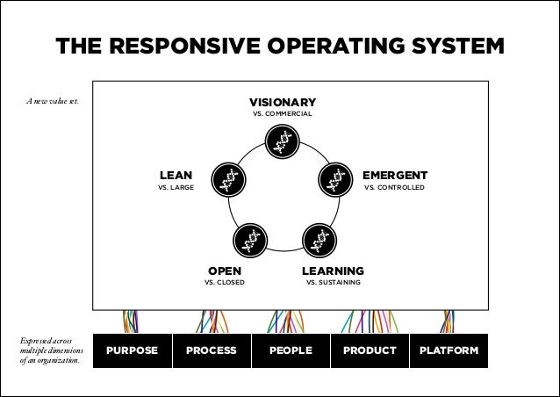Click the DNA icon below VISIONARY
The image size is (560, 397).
coord(282,141)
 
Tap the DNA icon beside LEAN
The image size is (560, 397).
coord(228,179)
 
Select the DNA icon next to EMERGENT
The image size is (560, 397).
coord(334,179)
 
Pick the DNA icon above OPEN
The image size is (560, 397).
coord(249,241)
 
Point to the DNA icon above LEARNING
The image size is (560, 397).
coord(318,241)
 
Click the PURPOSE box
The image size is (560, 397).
coord(132,350)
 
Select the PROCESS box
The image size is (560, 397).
coord(211,350)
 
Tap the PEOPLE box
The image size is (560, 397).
coord(291,350)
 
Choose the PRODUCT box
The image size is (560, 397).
coord(370,350)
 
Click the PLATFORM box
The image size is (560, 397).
coord(449,350)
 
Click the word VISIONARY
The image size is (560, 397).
coord(283,102)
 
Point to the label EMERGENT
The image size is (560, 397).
coord(395,175)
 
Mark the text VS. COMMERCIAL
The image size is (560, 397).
coord(283,114)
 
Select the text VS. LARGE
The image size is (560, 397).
coord(176,188)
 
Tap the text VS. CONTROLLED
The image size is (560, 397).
coord(395,188)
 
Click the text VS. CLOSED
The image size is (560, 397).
coord(225,283)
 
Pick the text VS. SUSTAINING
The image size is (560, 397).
coord(333,283)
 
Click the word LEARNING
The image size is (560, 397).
coord(333,271)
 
